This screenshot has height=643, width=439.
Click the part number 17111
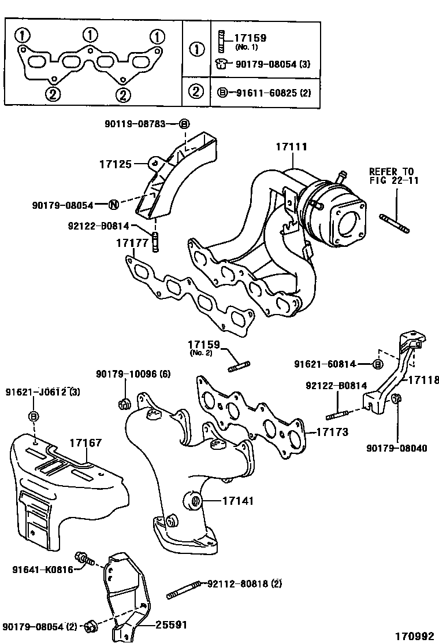(291, 147)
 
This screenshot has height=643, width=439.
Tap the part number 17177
(117, 243)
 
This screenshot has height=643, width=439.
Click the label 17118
(424, 380)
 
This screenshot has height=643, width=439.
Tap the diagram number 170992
(414, 635)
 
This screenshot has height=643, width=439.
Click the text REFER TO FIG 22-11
(392, 176)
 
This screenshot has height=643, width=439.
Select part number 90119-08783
(135, 124)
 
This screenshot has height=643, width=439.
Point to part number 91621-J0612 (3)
(43, 393)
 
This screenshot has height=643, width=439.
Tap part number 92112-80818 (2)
(244, 585)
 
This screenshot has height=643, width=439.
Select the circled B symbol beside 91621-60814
(377, 364)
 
